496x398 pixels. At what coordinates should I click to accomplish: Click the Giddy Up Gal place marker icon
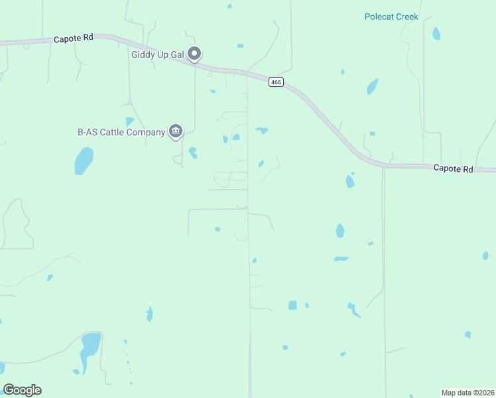194,53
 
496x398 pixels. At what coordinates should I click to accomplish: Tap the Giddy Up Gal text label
156,54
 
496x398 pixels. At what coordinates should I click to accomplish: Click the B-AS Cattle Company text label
121,132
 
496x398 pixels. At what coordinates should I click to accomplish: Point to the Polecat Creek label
391,17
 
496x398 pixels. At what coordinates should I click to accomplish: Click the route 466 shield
277,82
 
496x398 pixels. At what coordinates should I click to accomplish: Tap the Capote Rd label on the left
73,38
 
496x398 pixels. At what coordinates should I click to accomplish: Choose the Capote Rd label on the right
453,169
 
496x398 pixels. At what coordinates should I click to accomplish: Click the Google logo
22,390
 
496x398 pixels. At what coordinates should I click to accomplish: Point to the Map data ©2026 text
467,393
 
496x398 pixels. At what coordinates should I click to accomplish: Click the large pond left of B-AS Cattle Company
84,161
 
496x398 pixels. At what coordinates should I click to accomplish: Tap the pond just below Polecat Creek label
436,33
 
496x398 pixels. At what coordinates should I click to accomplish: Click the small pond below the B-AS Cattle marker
192,153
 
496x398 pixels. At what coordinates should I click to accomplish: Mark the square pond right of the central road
292,305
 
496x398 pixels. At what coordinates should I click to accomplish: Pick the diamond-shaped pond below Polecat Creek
372,86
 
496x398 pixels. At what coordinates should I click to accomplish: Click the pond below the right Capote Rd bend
349,180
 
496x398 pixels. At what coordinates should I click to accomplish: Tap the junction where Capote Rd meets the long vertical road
383,166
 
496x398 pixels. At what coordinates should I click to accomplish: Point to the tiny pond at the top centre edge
229,6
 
